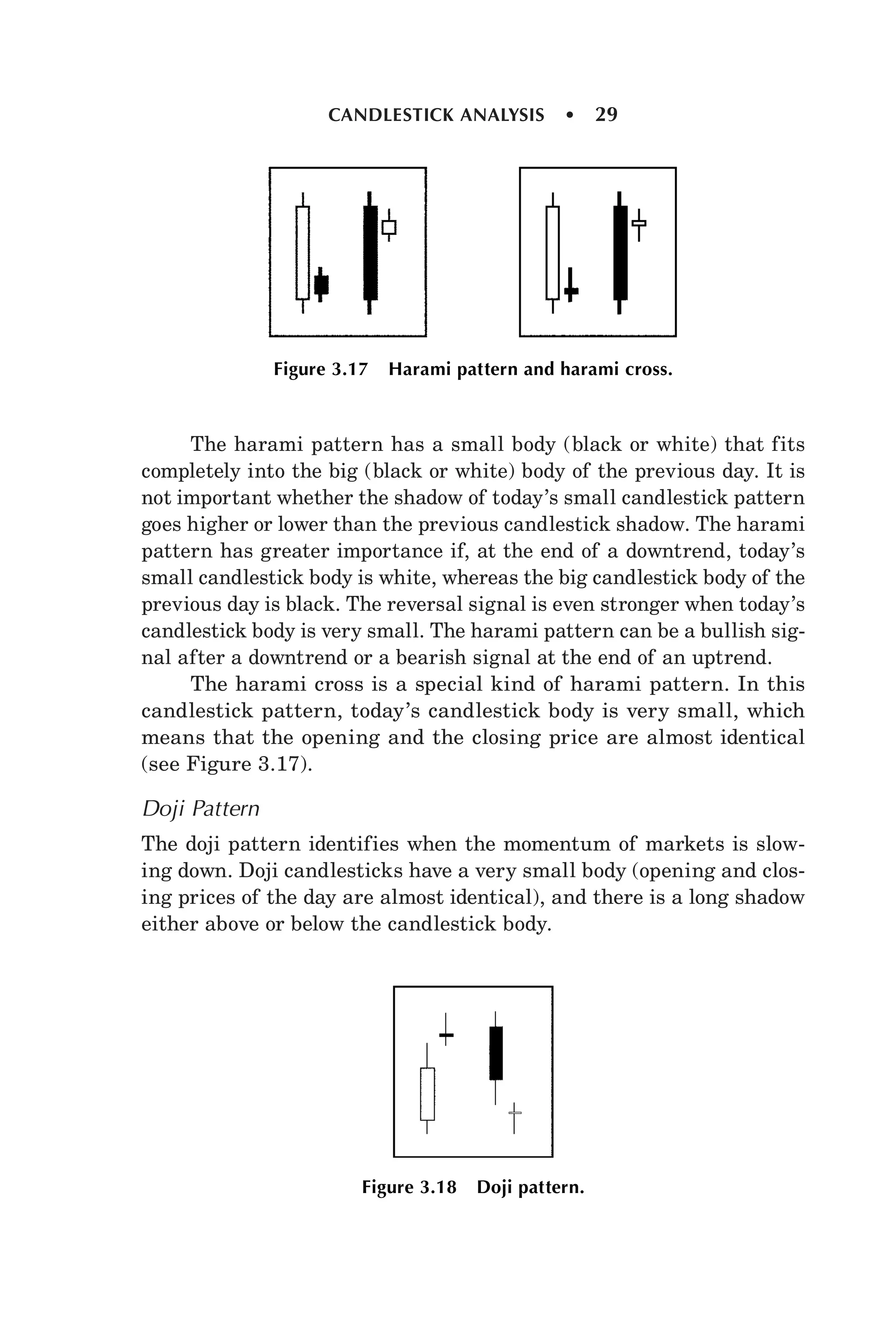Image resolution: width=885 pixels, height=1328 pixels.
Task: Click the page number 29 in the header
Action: tap(606, 115)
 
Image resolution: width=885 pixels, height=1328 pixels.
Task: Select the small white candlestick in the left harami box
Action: tap(388, 227)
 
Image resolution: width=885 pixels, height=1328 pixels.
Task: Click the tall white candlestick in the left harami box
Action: tap(302, 252)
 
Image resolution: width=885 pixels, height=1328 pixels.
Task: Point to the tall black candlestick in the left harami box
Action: tap(370, 252)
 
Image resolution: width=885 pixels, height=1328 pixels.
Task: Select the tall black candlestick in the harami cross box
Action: tap(620, 252)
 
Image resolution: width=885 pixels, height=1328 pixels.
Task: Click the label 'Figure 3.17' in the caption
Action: tap(320, 370)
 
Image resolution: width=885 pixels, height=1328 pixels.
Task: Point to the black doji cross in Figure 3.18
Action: tap(446, 1035)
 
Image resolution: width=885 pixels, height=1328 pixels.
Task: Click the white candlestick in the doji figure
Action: tap(427, 1094)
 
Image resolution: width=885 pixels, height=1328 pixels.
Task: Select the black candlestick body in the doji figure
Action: tap(496, 1053)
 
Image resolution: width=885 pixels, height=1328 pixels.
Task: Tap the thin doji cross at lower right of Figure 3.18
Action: tap(514, 1113)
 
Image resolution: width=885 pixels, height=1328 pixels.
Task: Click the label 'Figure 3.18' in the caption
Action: tap(409, 1188)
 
